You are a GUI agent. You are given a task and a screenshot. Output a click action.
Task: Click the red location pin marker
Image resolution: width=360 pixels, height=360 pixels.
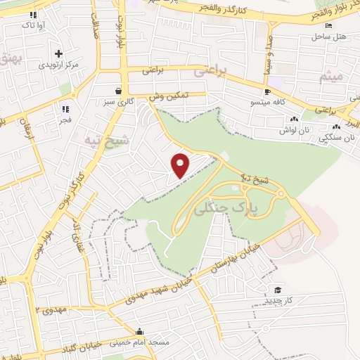[181, 165]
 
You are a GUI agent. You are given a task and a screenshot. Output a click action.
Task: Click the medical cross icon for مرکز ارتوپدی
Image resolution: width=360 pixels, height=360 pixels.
[58, 53]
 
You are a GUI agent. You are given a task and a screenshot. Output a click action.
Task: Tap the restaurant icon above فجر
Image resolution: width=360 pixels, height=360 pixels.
[65, 109]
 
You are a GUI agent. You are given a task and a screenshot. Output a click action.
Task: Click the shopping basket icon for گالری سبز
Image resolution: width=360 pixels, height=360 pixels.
[117, 91]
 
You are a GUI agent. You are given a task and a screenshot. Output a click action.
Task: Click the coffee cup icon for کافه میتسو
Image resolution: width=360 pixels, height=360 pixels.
[267, 92]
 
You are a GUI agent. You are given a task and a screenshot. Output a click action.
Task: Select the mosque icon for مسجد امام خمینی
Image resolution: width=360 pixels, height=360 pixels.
[141, 332]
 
